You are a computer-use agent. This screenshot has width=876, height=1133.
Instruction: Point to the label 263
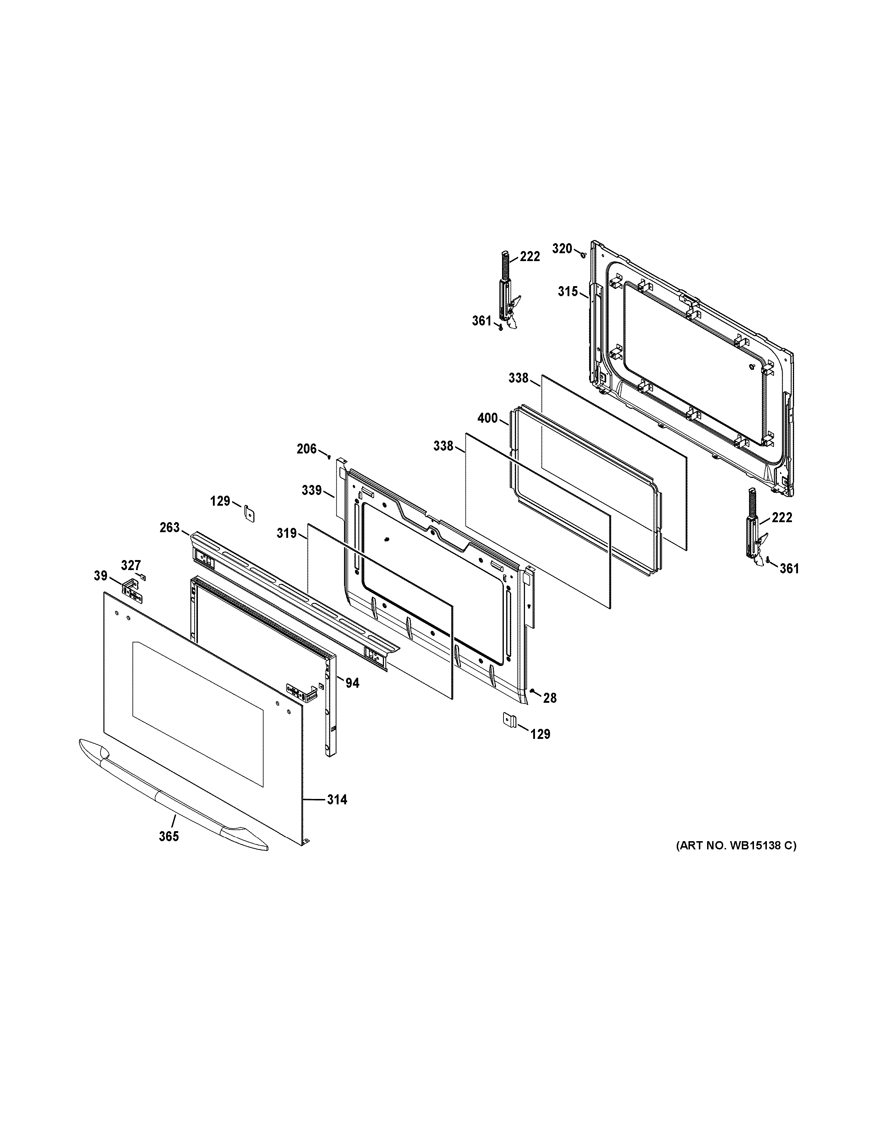click(169, 528)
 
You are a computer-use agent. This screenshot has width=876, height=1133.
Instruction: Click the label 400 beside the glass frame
click(487, 418)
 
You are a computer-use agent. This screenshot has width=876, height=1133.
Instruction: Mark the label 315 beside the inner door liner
click(568, 291)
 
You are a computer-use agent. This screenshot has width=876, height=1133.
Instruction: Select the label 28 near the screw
click(550, 698)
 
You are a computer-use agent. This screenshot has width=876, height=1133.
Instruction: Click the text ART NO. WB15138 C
click(735, 845)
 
